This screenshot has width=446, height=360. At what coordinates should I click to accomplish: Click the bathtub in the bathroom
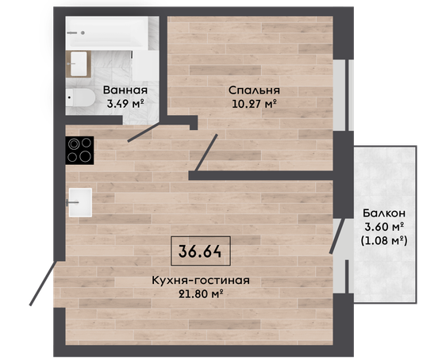(106, 33)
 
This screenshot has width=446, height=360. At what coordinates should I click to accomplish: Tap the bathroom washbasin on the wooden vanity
(79, 64)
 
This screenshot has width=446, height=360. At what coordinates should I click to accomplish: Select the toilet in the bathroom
(80, 98)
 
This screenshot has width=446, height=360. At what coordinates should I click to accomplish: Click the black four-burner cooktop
(79, 151)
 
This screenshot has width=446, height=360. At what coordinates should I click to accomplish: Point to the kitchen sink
(80, 202)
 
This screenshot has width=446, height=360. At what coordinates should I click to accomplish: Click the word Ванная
(125, 90)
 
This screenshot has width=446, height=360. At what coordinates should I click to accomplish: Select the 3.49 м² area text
(125, 103)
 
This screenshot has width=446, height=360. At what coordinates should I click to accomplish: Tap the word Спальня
(254, 90)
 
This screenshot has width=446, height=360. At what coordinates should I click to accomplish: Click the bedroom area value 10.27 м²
(254, 104)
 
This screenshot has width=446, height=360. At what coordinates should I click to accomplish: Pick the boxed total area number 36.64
(200, 251)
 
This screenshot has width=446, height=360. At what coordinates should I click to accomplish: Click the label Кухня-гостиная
(201, 281)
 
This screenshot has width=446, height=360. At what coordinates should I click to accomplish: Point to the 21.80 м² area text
(201, 294)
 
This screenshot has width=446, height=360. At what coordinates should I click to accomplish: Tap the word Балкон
(384, 213)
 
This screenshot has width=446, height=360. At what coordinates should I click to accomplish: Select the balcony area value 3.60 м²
(384, 227)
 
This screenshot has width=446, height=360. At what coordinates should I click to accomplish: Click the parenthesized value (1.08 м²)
(384, 241)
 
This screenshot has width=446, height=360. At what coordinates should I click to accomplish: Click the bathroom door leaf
(144, 132)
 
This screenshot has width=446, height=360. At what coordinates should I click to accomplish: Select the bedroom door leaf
(206, 152)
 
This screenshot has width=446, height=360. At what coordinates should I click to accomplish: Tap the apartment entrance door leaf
(44, 283)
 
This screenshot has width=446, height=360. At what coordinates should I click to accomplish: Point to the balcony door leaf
(337, 236)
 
